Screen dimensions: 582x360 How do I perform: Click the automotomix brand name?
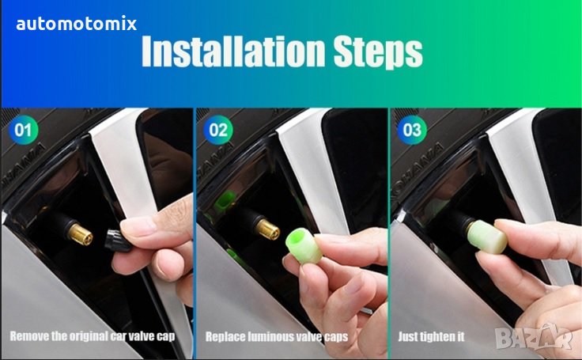pyautogui.click(x=77, y=24)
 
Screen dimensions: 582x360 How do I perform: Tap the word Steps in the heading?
pyautogui.click(x=378, y=52)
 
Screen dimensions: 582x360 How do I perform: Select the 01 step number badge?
pyautogui.click(x=23, y=130)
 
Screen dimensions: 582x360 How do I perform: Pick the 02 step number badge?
pyautogui.click(x=218, y=130)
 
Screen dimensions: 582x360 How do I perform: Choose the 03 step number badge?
pyautogui.click(x=412, y=130)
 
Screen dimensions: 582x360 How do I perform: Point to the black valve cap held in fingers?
pyautogui.click(x=117, y=240)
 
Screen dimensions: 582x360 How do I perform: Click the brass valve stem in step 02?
pyautogui.click(x=268, y=229)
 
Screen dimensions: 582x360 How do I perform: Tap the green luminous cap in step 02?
pyautogui.click(x=304, y=246)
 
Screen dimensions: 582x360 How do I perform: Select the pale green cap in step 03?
pyautogui.click(x=487, y=237)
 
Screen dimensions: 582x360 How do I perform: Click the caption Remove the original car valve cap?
pyautogui.click(x=92, y=336)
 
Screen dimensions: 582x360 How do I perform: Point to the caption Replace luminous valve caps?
pyautogui.click(x=277, y=337)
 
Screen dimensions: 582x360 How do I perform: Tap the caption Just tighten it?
pyautogui.click(x=431, y=336)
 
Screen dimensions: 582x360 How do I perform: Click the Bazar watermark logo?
pyautogui.click(x=533, y=337)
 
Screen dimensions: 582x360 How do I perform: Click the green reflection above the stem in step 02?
pyautogui.click(x=225, y=199)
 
